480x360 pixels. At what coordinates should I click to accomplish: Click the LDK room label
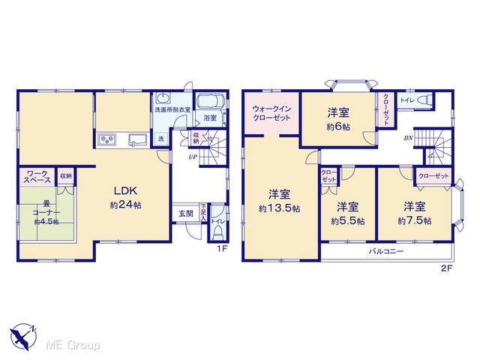[x=125, y=191]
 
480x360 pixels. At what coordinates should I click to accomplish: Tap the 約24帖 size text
[x=125, y=205]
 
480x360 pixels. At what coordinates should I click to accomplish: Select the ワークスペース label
[x=37, y=177]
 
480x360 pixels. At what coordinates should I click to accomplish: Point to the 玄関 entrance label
[x=186, y=213]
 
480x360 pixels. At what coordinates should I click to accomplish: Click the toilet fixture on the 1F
[x=217, y=234]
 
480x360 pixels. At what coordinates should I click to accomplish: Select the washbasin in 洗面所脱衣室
[x=162, y=98]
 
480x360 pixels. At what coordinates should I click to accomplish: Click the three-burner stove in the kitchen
[x=106, y=140]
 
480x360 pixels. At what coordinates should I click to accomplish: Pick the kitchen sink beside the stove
[x=138, y=140]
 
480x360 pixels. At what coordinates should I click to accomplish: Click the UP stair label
[x=193, y=157]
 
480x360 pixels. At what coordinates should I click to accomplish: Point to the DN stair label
[x=408, y=138]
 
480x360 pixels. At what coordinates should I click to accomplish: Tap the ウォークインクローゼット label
[x=271, y=113]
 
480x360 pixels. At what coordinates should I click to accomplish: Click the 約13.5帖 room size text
[x=279, y=208]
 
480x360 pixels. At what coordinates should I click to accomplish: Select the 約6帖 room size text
[x=338, y=127]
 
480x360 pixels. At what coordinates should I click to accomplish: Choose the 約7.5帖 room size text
[x=415, y=220]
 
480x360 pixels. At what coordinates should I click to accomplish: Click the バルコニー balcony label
[x=386, y=252]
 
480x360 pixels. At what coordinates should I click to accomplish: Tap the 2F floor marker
[x=446, y=268]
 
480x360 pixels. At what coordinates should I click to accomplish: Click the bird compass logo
[x=22, y=337]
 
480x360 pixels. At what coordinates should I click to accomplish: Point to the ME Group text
[x=73, y=346]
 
